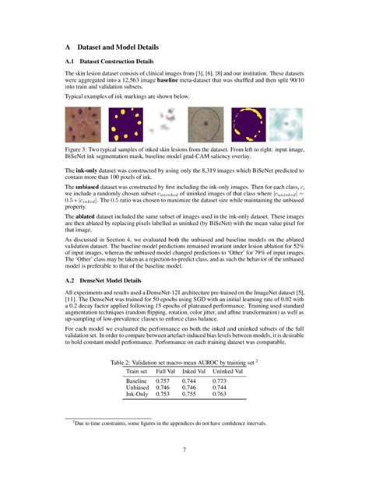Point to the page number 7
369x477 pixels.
coord(184,449)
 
